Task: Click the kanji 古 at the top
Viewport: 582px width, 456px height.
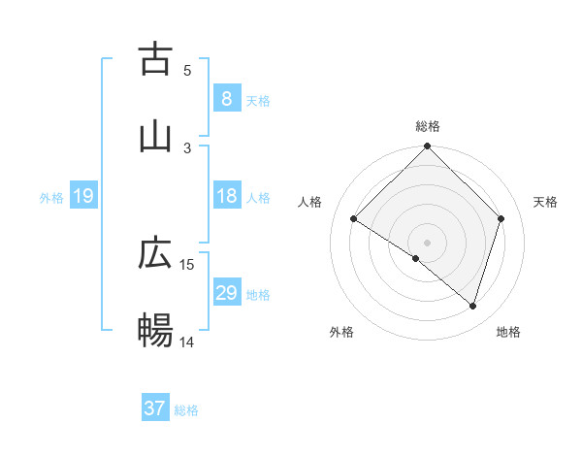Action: point(155,59)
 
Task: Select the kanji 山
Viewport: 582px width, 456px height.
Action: point(155,137)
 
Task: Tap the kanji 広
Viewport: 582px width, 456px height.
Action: point(155,253)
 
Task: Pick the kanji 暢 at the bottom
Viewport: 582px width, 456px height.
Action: point(155,331)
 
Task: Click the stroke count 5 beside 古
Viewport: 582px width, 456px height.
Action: point(187,70)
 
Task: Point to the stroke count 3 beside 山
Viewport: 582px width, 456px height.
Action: point(187,147)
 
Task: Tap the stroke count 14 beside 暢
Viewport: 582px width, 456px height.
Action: point(187,342)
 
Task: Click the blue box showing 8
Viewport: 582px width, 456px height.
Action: point(226,99)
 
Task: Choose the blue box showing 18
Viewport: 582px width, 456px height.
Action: point(226,196)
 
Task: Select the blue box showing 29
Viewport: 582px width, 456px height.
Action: point(226,293)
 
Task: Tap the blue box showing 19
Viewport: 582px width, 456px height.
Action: point(83,196)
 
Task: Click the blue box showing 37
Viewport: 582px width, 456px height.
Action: point(155,408)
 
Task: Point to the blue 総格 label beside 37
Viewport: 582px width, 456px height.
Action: point(186,410)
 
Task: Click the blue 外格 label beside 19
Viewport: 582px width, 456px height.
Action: point(51,198)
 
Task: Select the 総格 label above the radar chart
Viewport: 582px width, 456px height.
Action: point(428,126)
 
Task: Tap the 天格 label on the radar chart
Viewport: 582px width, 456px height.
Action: point(545,202)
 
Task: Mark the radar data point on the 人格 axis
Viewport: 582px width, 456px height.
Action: point(354,219)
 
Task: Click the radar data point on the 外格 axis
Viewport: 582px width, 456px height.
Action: point(416,258)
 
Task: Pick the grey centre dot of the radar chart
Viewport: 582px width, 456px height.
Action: point(428,242)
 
